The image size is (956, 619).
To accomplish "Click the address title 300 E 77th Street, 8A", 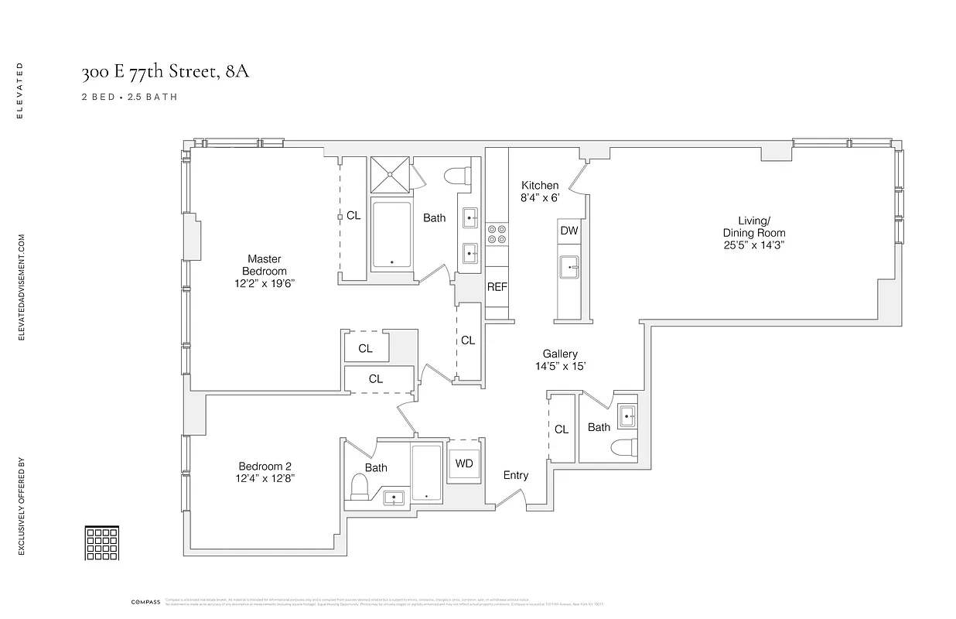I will click(x=166, y=73).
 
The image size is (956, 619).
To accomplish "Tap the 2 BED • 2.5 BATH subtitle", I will click(x=129, y=97).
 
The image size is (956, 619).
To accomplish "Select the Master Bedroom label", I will click(x=264, y=265).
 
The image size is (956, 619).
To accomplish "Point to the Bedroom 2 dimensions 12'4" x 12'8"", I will click(x=266, y=479).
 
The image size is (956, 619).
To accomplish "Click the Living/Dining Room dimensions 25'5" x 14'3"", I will click(x=753, y=245).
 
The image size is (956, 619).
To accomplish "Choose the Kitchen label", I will click(x=539, y=185).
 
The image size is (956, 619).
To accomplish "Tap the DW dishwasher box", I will click(x=568, y=231).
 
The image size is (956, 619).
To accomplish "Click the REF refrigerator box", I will click(x=497, y=287).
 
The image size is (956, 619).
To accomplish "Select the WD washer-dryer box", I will click(x=464, y=463).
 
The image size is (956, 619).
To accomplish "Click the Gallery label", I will click(x=560, y=354).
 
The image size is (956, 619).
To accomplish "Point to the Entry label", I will click(x=516, y=475).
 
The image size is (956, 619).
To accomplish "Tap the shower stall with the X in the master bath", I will click(x=391, y=176).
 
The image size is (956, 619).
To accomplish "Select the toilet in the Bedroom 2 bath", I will click(x=359, y=487).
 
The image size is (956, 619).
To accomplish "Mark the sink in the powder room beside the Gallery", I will click(x=627, y=416).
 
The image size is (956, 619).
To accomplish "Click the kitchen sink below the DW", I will click(x=569, y=267).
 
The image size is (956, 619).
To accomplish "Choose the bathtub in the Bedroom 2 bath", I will click(x=426, y=472).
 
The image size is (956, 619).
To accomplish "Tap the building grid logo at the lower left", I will click(x=101, y=542).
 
